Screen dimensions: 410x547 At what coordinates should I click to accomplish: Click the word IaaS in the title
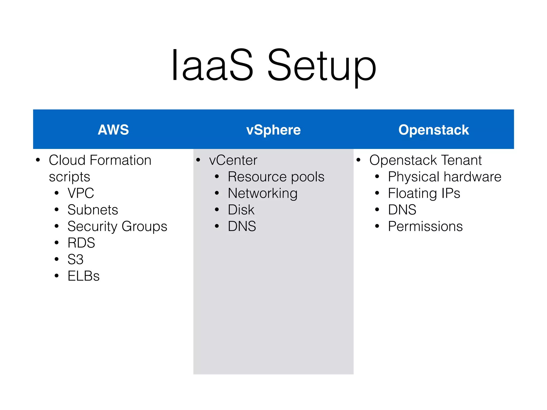(212, 65)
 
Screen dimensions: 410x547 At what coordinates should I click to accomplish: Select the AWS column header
(113, 130)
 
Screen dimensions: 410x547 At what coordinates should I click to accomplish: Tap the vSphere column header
(273, 130)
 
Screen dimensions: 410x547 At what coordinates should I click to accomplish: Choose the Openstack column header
(433, 130)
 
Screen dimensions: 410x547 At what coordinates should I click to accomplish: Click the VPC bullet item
(81, 193)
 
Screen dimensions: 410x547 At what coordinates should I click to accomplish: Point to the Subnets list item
(93, 210)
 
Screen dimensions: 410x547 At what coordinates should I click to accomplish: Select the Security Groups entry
(117, 226)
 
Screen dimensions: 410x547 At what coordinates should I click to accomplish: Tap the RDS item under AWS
(81, 243)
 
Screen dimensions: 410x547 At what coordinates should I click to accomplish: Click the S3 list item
(76, 259)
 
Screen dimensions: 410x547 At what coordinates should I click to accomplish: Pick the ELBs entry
(83, 276)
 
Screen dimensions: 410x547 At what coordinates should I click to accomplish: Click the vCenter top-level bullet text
(233, 160)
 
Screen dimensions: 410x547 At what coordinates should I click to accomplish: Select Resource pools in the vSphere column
(276, 177)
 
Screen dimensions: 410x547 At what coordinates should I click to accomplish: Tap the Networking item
(263, 193)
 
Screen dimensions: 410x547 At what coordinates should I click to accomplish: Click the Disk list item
(241, 210)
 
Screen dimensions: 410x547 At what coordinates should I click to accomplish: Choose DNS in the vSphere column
(242, 226)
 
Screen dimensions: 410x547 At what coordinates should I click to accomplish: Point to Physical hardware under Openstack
(445, 177)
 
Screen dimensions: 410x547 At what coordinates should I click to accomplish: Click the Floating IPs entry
(424, 193)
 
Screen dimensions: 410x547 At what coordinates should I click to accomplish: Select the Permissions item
(425, 226)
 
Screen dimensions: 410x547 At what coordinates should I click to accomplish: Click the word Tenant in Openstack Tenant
(461, 160)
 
